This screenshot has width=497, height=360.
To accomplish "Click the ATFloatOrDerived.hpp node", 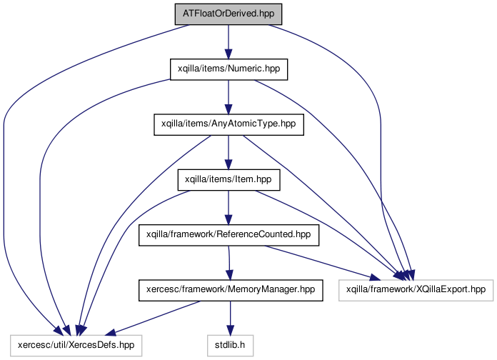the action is click(x=229, y=14).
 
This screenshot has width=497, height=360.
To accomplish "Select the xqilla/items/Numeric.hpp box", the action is click(x=229, y=69).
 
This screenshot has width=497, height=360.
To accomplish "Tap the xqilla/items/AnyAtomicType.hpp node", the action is click(x=229, y=124).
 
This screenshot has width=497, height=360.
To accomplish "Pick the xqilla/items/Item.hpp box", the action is click(x=229, y=180).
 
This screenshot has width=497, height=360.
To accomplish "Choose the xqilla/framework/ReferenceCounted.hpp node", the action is click(x=229, y=235).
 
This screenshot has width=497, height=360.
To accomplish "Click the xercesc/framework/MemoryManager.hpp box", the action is click(x=231, y=290).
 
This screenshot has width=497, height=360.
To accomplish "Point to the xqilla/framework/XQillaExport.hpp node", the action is click(x=416, y=290).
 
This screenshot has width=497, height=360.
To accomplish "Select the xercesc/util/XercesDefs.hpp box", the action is click(x=76, y=345).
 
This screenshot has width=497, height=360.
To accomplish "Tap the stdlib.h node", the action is click(x=231, y=345).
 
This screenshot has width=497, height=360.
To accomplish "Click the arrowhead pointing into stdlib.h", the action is click(x=231, y=329).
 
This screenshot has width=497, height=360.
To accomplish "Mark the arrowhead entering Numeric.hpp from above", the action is click(x=229, y=54).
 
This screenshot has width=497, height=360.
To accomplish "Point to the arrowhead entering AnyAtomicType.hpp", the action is click(x=229, y=109).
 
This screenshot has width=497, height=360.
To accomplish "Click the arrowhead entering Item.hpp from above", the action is click(x=229, y=164).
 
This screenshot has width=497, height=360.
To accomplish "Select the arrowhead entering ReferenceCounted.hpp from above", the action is click(x=229, y=219).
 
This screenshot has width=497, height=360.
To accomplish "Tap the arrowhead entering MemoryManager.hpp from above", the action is click(x=229, y=275).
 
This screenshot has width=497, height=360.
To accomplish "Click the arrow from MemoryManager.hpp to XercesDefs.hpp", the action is click(x=153, y=318).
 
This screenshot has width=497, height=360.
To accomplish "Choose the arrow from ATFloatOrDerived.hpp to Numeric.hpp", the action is click(x=229, y=41).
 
